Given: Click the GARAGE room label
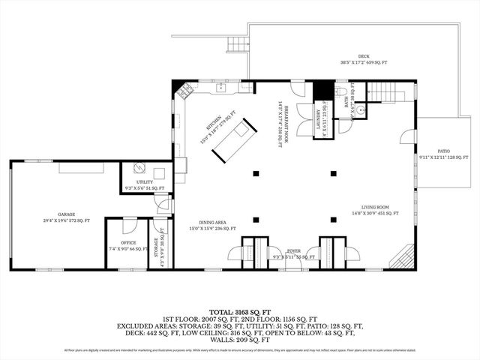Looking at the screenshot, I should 65,217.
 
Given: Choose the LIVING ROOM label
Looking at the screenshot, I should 379,210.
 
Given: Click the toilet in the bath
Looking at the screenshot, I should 341,91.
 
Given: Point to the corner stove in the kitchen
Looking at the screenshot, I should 184,94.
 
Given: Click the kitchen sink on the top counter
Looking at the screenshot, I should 222,88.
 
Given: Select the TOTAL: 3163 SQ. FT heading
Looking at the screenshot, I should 240,310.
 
